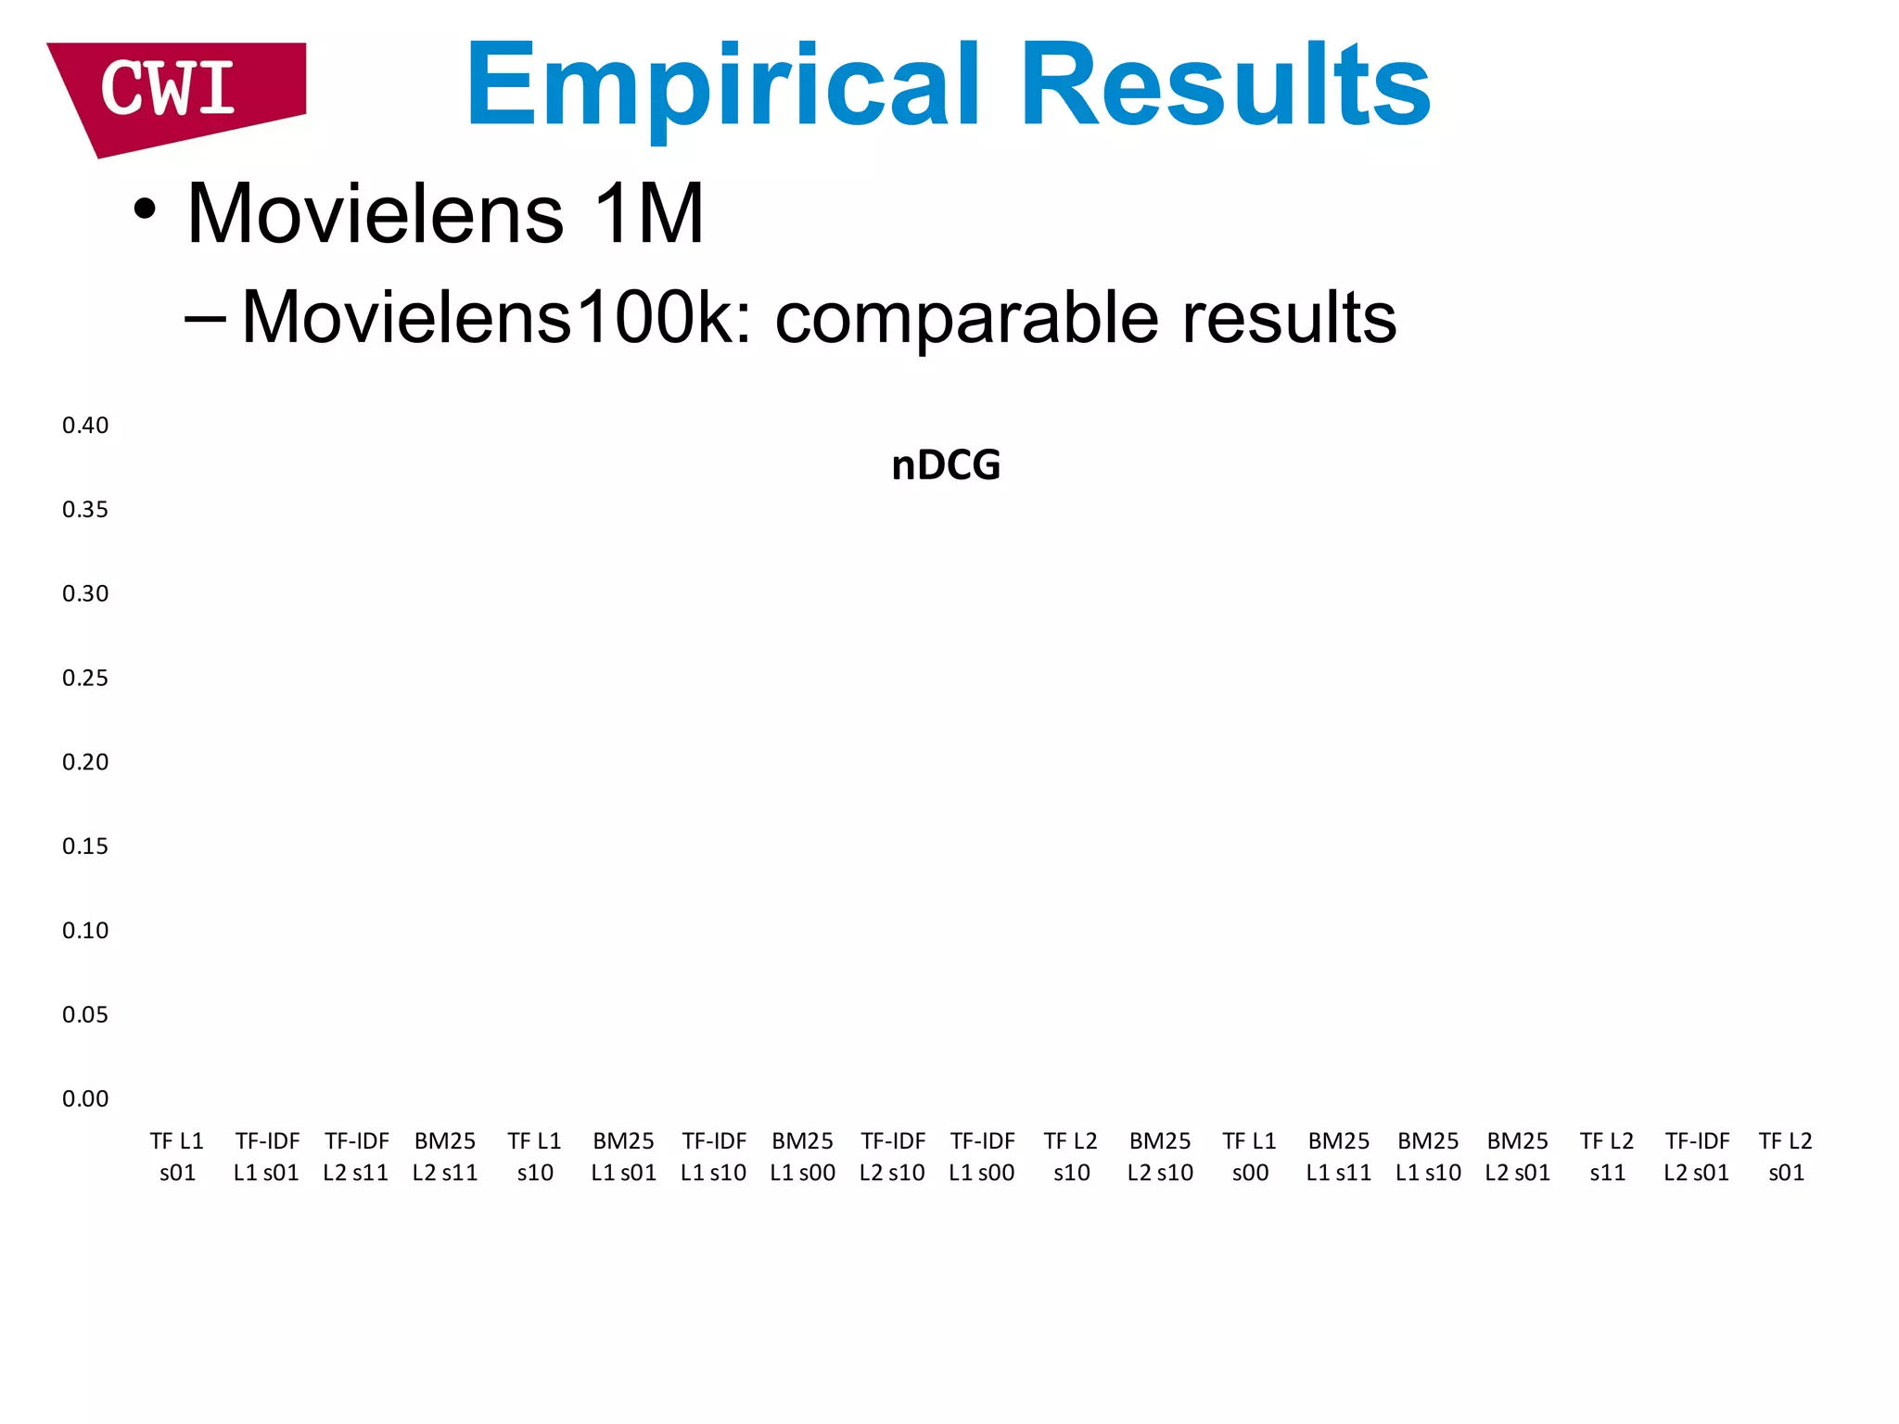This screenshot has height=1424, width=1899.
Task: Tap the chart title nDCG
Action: (x=946, y=465)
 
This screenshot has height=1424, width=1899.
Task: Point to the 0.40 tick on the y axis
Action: (x=85, y=426)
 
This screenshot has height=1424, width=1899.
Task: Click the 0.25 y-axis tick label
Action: (x=85, y=678)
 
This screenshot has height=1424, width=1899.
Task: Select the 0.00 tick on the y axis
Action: (x=85, y=1099)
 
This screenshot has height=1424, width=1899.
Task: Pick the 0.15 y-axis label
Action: (x=85, y=846)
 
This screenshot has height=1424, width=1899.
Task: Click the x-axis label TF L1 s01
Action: (x=177, y=1156)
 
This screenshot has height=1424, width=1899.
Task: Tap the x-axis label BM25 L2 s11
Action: (x=445, y=1156)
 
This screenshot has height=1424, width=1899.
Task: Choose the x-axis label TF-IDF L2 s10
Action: (x=892, y=1156)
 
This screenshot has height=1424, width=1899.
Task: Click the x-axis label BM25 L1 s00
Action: (x=803, y=1156)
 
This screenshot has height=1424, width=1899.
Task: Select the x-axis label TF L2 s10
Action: (x=1071, y=1156)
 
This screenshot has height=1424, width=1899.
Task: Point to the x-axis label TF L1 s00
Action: (x=1250, y=1156)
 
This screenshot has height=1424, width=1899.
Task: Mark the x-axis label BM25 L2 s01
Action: (x=1518, y=1156)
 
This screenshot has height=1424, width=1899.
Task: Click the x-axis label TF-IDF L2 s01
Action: (x=1697, y=1156)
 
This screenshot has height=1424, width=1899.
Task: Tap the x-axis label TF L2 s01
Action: (x=1786, y=1156)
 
